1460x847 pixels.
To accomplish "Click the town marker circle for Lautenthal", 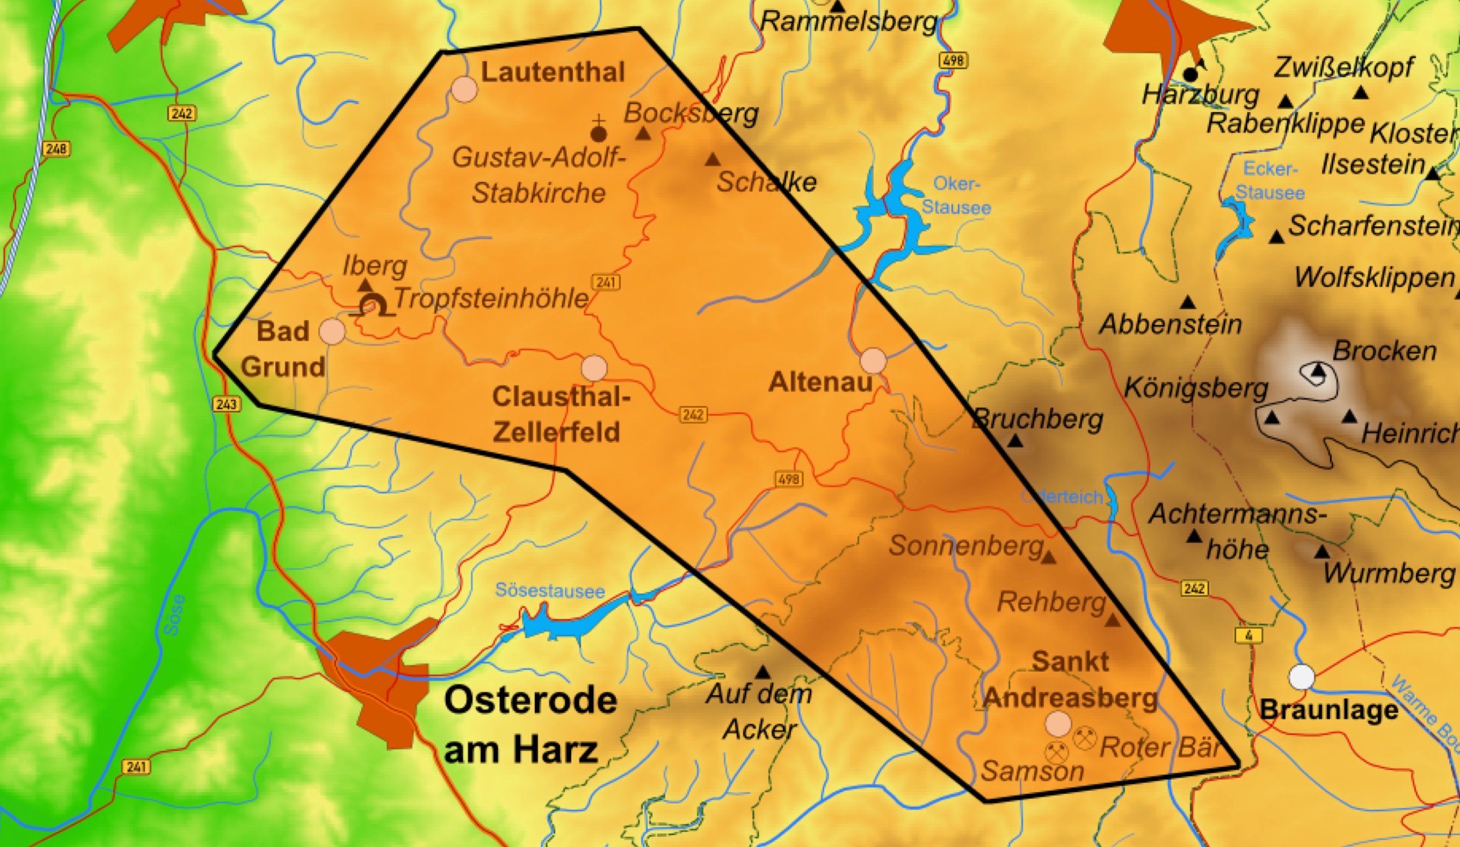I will tap(464, 90).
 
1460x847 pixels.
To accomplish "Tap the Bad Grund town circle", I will tap(332, 331).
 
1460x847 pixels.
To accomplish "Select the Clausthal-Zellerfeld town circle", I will tap(594, 368).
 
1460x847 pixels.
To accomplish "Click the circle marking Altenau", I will tap(873, 361).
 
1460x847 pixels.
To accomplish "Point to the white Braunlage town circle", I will tap(1301, 677).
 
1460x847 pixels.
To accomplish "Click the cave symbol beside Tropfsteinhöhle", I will tap(373, 306).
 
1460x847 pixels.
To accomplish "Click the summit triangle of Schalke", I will tap(712, 160).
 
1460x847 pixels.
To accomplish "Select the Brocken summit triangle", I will tap(1319, 370).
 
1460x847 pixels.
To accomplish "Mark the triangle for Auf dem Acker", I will tap(762, 673).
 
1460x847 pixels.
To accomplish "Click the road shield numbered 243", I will tap(226, 403).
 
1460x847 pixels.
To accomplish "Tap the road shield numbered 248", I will tap(56, 149).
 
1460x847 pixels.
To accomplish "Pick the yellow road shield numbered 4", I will tap(1248, 635).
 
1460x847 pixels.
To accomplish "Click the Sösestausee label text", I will tap(549, 591).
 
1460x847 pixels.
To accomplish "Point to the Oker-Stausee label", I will tap(956, 196).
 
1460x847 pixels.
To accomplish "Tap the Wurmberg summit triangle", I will tap(1321, 553).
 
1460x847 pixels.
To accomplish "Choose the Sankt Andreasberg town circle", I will tap(1058, 724).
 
